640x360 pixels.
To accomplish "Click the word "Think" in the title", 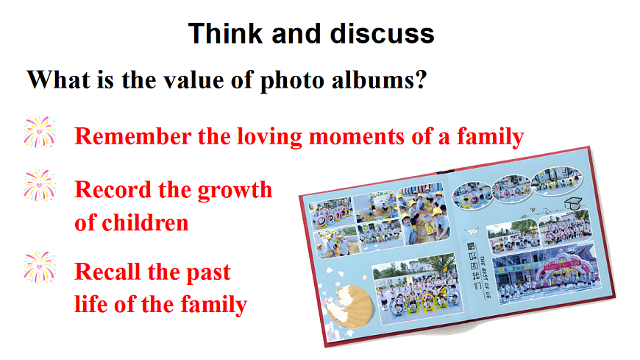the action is (x=225, y=34).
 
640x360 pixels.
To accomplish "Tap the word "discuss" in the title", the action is (x=382, y=34).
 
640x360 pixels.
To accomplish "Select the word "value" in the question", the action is (x=193, y=80).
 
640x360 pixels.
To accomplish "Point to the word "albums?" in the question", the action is (x=379, y=80).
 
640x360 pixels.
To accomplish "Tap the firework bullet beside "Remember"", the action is (x=40, y=132).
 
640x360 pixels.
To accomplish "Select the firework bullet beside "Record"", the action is (x=40, y=185).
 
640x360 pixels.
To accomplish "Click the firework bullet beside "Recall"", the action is (x=40, y=267).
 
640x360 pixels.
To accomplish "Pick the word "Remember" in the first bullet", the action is (x=133, y=136).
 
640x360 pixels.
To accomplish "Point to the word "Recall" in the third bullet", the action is (x=107, y=272).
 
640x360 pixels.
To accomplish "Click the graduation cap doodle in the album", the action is (x=574, y=203).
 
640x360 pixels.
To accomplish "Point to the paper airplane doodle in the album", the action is (x=472, y=231).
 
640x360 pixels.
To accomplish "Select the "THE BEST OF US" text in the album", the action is (x=485, y=278).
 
